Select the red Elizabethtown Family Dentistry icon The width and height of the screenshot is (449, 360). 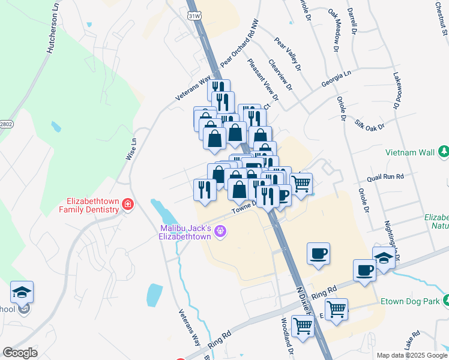[x=127, y=205]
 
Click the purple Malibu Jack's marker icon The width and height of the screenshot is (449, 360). [x=221, y=230]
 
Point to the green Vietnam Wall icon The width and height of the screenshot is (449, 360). [x=444, y=152]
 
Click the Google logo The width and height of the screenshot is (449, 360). [x=20, y=352]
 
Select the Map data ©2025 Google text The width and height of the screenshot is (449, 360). [x=411, y=355]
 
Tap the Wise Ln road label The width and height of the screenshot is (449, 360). [x=131, y=149]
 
